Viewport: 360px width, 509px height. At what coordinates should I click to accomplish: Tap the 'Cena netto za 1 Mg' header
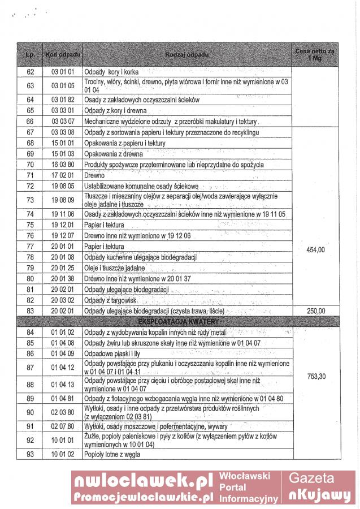click(x=315, y=54)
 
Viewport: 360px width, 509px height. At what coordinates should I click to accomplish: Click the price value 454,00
click(x=315, y=249)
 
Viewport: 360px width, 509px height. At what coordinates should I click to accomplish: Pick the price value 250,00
click(x=315, y=311)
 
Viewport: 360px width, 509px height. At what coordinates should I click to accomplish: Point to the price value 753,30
click(x=315, y=376)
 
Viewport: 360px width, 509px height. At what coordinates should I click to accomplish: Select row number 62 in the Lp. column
click(x=31, y=72)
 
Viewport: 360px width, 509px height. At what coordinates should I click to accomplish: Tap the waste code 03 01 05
click(x=63, y=85)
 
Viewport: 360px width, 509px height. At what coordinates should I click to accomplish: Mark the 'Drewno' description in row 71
click(x=94, y=175)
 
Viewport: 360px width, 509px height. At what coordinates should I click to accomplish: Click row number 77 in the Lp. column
click(x=31, y=246)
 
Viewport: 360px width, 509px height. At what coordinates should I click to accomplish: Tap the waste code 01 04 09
click(x=63, y=353)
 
